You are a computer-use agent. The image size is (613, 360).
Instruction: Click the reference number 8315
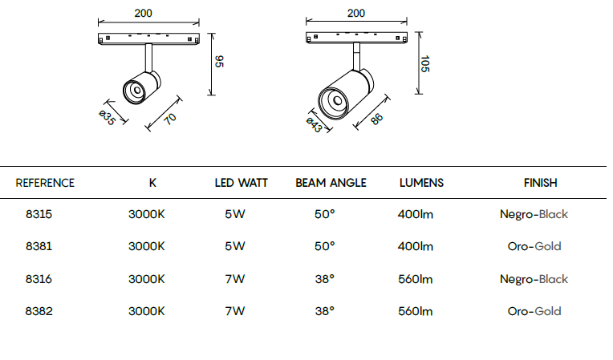39,214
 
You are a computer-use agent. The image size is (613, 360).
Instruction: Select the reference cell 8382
39,311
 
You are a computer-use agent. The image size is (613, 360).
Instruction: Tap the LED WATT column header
242,183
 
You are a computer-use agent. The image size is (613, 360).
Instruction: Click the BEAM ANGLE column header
331,183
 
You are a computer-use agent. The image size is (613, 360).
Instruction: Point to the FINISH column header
540,183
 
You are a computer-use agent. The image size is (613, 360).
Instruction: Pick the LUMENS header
421,183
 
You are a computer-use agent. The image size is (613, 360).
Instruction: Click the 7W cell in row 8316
234,279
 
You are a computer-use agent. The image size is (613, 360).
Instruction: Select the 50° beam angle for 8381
324,246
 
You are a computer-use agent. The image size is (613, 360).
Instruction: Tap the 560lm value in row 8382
415,311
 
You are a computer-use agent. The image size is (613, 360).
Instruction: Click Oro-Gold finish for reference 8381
534,246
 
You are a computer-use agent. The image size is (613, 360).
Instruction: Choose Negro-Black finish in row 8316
534,279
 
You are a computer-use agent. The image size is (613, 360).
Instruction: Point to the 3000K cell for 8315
147,214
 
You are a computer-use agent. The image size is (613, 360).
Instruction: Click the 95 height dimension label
219,61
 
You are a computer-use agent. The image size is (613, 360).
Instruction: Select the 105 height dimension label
425,63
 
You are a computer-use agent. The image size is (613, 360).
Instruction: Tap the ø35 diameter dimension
107,118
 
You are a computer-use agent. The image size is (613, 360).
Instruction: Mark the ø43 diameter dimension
314,125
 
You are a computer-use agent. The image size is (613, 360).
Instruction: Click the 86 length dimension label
376,119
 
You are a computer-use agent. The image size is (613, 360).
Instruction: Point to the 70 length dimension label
170,119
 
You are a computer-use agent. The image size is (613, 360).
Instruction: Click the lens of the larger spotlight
337,101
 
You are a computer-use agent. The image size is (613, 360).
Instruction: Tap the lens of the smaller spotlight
137,91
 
